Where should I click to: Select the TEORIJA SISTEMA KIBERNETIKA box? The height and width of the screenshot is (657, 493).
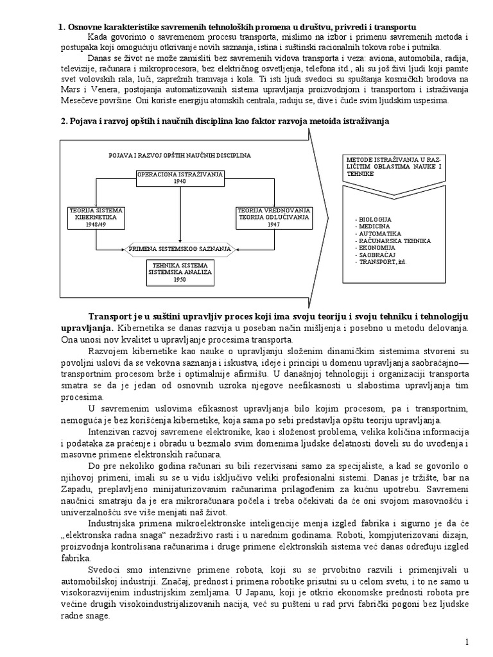96,217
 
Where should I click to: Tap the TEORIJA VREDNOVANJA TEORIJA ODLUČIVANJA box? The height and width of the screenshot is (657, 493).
274,217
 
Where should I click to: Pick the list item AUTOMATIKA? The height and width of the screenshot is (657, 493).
377,234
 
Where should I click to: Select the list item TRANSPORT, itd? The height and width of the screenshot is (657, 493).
383,262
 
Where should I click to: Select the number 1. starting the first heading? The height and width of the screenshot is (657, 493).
62,27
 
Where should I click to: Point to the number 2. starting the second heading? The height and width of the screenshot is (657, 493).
62,121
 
